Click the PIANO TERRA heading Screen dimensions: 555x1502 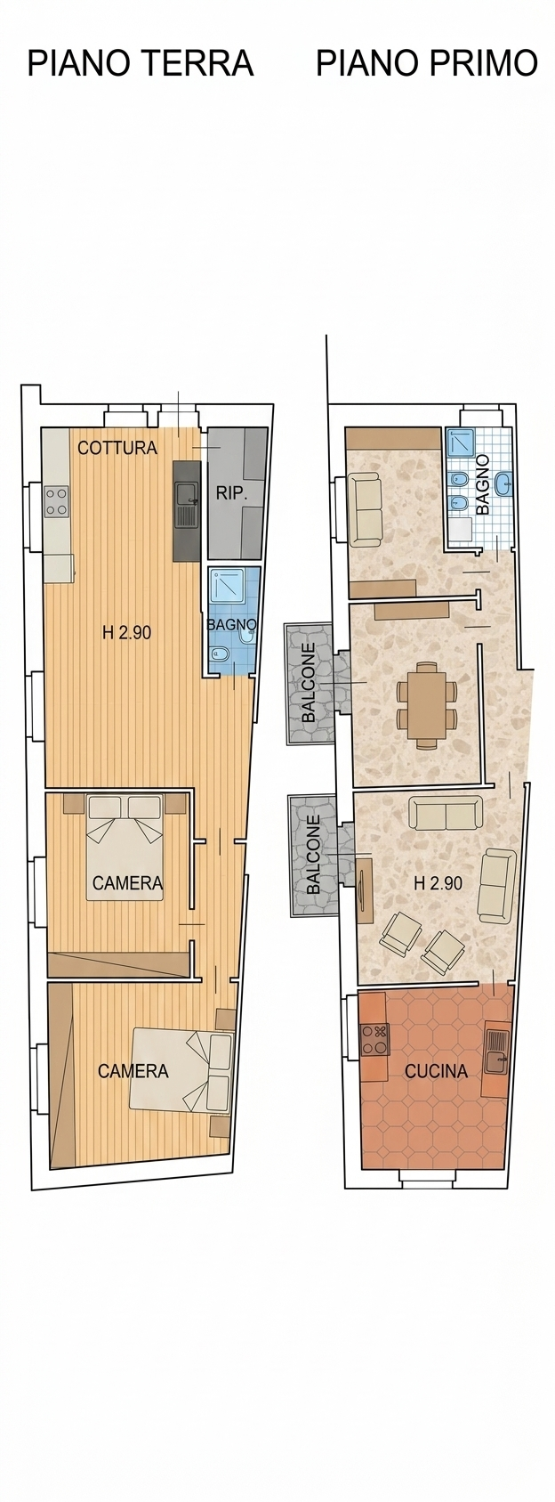pyautogui.click(x=140, y=64)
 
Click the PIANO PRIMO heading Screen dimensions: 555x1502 pyautogui.click(x=426, y=64)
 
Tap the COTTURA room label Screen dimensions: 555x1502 pyautogui.click(x=117, y=448)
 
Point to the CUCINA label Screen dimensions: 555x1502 pyautogui.click(x=436, y=1071)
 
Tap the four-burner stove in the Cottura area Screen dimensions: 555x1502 pyautogui.click(x=57, y=501)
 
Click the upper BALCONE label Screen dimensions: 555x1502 pyautogui.click(x=310, y=683)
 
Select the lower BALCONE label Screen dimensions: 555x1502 pyautogui.click(x=313, y=855)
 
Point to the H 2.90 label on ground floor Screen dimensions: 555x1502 pyautogui.click(x=127, y=632)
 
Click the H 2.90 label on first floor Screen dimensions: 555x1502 pyautogui.click(x=438, y=883)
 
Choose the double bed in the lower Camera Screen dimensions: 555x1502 pyautogui.click(x=181, y=1071)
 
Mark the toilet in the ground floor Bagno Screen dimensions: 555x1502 pyautogui.click(x=219, y=653)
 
